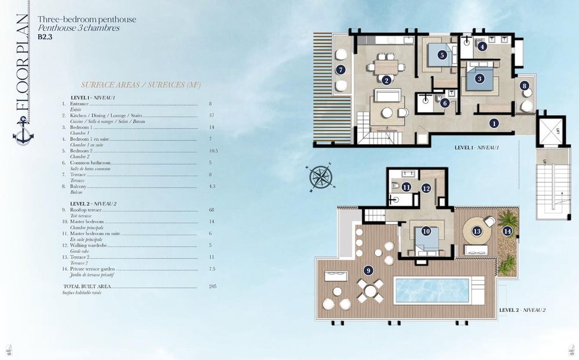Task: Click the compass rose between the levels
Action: tap(319, 177)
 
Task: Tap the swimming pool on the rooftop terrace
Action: tap(431, 290)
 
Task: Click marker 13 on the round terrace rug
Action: tap(477, 231)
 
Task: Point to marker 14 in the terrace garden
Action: tap(507, 231)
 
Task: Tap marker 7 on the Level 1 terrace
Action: tap(340, 70)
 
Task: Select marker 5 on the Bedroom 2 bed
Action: tap(442, 56)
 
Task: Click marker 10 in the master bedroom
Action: tap(426, 231)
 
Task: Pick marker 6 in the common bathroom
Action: tap(445, 103)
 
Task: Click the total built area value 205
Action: tap(212, 286)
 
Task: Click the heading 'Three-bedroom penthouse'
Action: tap(87, 19)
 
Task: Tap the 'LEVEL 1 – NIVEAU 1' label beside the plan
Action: tap(477, 148)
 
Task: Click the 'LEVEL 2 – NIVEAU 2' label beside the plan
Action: tap(522, 310)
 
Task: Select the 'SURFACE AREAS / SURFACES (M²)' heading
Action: tap(141, 85)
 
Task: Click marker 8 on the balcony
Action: tap(525, 86)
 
